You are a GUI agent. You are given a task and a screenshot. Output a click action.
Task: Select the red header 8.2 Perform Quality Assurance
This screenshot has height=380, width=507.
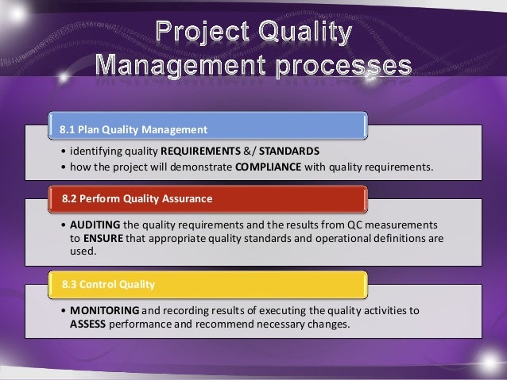207,197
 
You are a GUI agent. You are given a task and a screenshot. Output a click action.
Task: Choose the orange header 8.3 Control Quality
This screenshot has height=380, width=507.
207,283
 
